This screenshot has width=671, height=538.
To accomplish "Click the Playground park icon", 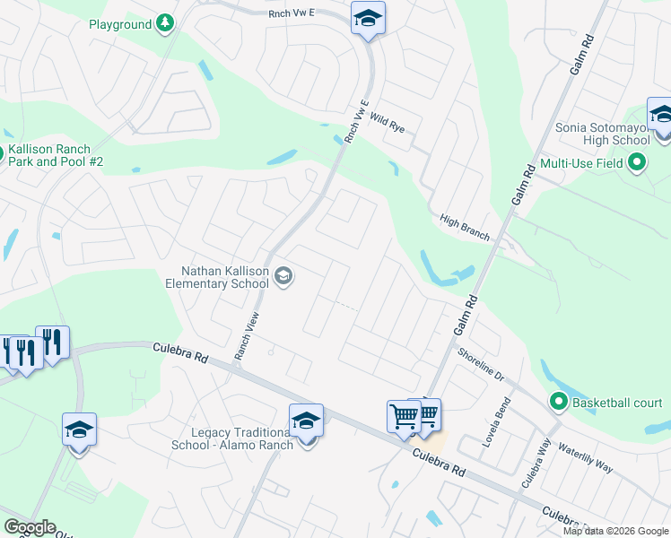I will [x=164, y=24].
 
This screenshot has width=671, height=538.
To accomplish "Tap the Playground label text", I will [x=119, y=24].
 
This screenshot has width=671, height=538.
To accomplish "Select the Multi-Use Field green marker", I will [x=637, y=164].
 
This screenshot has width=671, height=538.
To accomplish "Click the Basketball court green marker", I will [x=559, y=402].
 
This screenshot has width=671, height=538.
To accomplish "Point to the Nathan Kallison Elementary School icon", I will [x=283, y=275].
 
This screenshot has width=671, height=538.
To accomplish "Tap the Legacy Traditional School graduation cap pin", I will [x=306, y=421].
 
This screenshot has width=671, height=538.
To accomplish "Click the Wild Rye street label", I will [x=388, y=124].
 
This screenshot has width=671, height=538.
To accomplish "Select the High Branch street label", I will [x=465, y=228].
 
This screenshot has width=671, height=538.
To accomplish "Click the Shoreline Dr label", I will [x=481, y=364].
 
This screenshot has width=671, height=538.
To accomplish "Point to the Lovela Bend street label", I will [x=501, y=418].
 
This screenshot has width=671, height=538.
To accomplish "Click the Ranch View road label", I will [x=246, y=336].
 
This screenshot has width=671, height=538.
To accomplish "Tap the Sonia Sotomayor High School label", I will [x=603, y=134].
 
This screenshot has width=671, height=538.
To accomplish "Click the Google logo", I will [x=30, y=527].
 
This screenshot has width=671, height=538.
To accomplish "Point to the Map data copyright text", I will [x=614, y=531].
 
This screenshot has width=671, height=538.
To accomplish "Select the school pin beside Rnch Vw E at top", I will [x=368, y=19].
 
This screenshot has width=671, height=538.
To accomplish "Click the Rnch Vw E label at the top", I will [x=292, y=13].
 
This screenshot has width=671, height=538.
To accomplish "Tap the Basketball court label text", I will [x=618, y=402].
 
